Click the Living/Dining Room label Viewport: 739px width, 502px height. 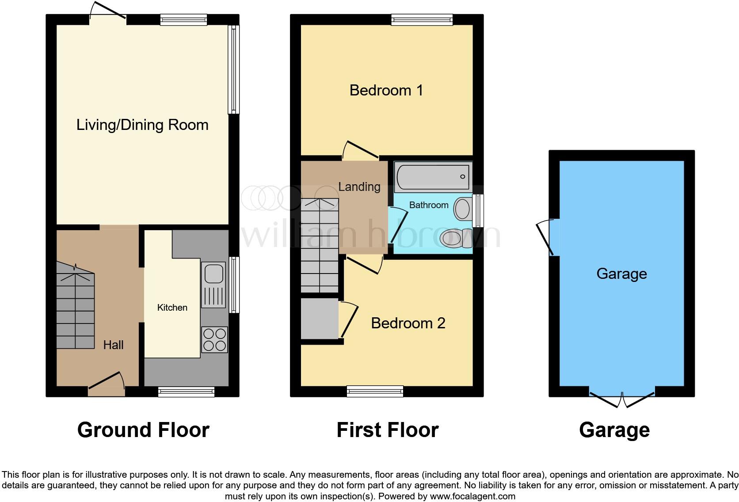click(142, 125)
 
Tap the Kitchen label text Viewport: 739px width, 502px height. click(172, 308)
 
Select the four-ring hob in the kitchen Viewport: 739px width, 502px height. click(214, 339)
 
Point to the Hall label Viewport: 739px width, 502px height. click(113, 345)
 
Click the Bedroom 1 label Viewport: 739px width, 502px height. click(386, 91)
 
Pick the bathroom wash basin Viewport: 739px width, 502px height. click(462, 209)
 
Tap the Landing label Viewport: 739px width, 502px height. click(359, 187)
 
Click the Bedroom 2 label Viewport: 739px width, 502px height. click(408, 323)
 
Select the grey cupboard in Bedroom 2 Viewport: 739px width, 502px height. click(319, 319)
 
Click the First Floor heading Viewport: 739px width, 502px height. click(387, 430)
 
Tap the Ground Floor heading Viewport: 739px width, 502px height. click(143, 430)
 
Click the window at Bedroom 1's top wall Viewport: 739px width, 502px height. click(422, 19)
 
